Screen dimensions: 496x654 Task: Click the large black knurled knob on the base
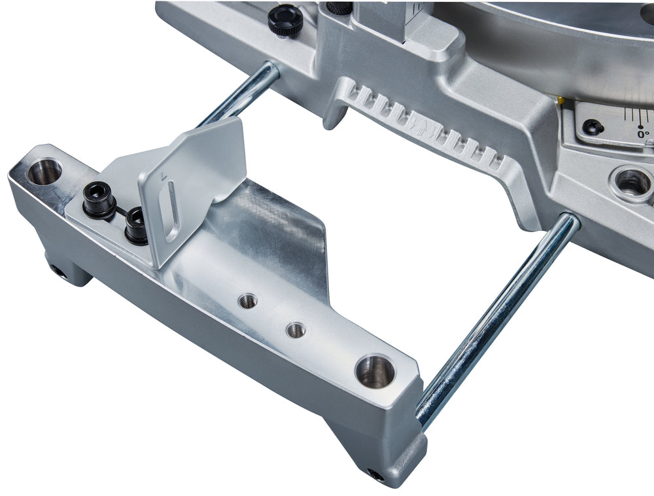[285, 20]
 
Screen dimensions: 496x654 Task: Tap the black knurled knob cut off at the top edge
[339, 7]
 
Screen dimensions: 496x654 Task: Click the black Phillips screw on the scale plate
[593, 126]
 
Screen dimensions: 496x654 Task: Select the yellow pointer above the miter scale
[560, 100]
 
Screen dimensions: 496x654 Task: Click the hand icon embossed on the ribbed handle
[417, 122]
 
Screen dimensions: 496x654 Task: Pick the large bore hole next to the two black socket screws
[44, 171]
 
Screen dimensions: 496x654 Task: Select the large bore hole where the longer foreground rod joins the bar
[375, 371]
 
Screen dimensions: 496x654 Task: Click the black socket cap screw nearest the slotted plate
[137, 224]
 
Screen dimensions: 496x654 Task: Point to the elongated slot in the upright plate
[171, 211]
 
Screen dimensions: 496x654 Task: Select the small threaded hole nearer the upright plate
[247, 301]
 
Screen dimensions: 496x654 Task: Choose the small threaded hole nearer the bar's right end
[296, 330]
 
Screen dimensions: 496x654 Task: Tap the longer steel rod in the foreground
[497, 320]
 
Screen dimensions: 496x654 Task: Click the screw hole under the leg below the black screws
[58, 270]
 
